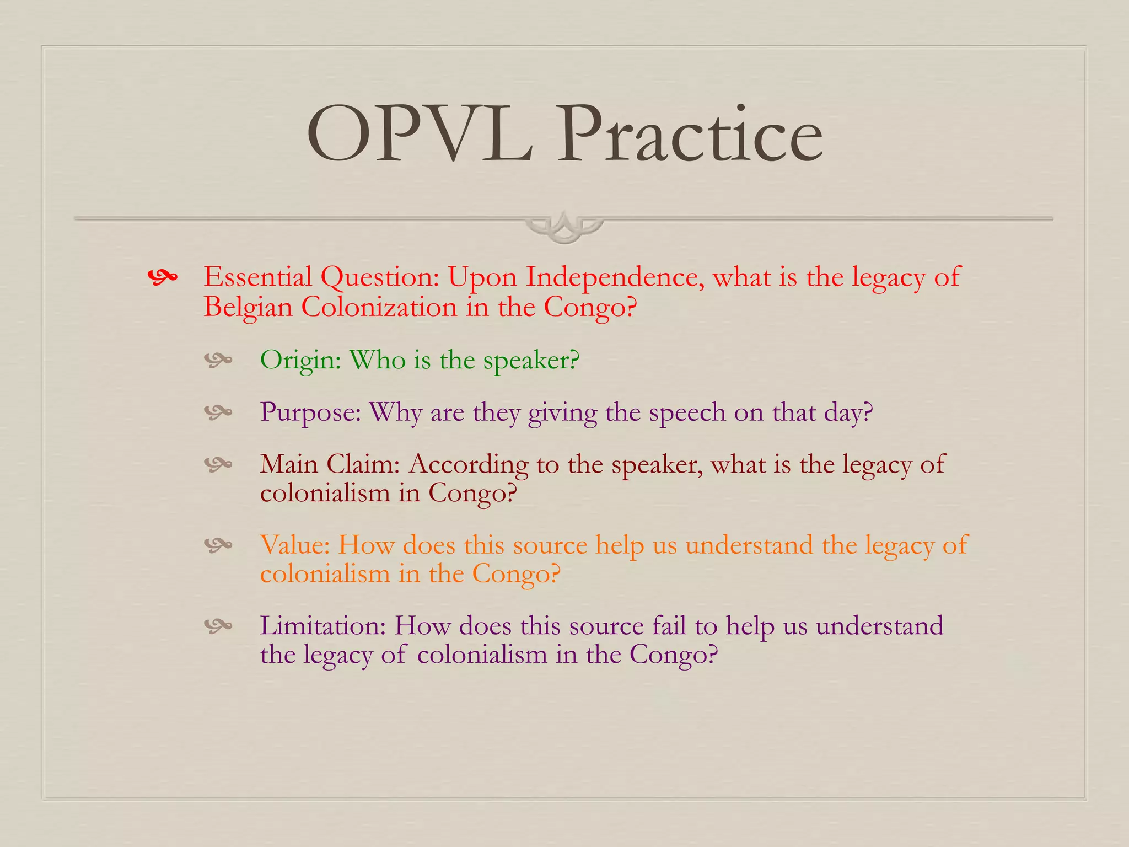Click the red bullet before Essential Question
tap(163, 277)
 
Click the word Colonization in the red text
tap(379, 307)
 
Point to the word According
tap(468, 465)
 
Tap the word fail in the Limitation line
tap(669, 626)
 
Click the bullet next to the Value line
tap(218, 545)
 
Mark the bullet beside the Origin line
tap(218, 361)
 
